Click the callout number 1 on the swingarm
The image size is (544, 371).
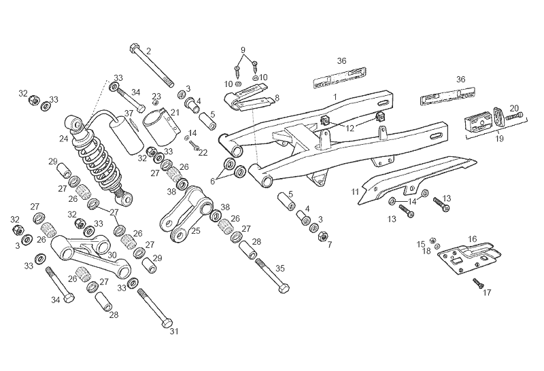click(x=335, y=98)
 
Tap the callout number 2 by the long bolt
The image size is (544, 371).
click(x=149, y=51)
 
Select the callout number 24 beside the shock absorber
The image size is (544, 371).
click(x=63, y=139)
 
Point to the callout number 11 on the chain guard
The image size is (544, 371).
click(x=355, y=193)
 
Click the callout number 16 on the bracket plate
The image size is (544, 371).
click(x=473, y=239)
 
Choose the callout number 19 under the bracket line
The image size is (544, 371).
click(x=499, y=139)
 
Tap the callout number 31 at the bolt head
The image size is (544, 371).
click(x=173, y=332)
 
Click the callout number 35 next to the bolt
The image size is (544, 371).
click(x=280, y=268)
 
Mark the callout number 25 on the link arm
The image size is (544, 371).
click(x=196, y=231)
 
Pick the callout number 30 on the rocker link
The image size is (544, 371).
click(x=113, y=255)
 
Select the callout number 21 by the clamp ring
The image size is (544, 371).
click(x=175, y=112)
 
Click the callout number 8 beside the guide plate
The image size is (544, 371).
click(x=277, y=99)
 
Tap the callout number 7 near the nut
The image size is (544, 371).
click(x=329, y=243)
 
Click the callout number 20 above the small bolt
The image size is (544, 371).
click(x=514, y=108)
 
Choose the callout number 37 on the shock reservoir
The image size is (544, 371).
click(x=128, y=113)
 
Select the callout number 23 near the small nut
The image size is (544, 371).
click(x=156, y=96)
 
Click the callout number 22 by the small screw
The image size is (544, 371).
click(x=203, y=153)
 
